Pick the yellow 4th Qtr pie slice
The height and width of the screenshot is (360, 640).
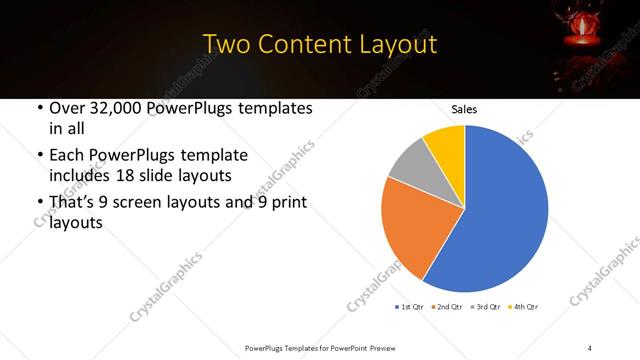(446, 145)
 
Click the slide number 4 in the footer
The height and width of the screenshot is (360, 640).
(591, 347)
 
